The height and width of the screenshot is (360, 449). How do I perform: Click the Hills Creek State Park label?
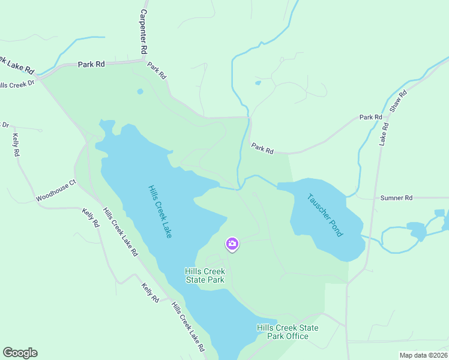[205, 275]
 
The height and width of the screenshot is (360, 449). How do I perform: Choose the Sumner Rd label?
[397, 197]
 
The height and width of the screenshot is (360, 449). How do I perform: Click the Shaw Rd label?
[398, 101]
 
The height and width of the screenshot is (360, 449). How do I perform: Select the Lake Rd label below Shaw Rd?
[384, 134]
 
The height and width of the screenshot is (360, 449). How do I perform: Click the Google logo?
[20, 353]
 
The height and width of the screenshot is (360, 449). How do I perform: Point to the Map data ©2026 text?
[423, 355]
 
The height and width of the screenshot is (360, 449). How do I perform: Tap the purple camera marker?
[232, 244]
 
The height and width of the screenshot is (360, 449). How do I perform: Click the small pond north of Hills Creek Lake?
[140, 92]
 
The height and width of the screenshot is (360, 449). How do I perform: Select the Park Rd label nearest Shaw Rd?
[370, 117]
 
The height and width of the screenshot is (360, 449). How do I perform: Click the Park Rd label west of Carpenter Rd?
[91, 64]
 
